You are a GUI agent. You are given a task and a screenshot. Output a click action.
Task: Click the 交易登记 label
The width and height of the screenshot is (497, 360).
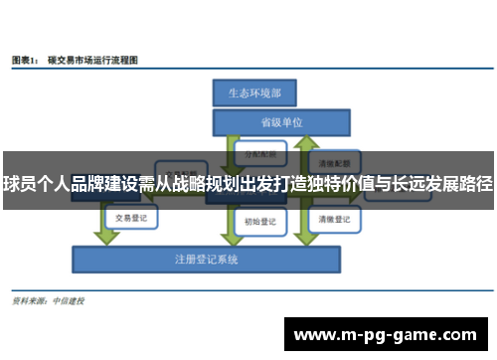(x=132, y=217)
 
